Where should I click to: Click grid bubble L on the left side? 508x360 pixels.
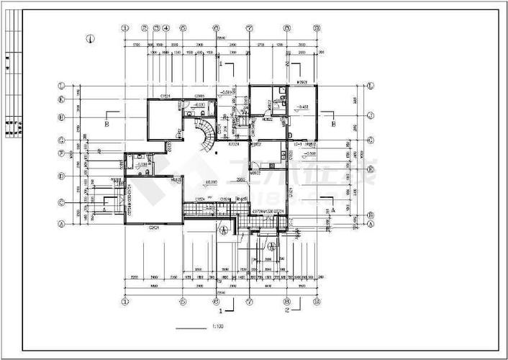tap(63, 86)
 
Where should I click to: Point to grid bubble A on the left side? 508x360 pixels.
tap(63, 224)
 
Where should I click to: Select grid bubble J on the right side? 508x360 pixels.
tap(370, 115)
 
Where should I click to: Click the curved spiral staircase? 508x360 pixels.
tap(207, 135)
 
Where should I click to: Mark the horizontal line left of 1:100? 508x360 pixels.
tap(190, 329)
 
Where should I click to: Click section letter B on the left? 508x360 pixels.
tap(106, 123)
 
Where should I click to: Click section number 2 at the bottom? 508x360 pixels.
tap(287, 312)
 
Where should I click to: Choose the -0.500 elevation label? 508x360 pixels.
tap(309, 154)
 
